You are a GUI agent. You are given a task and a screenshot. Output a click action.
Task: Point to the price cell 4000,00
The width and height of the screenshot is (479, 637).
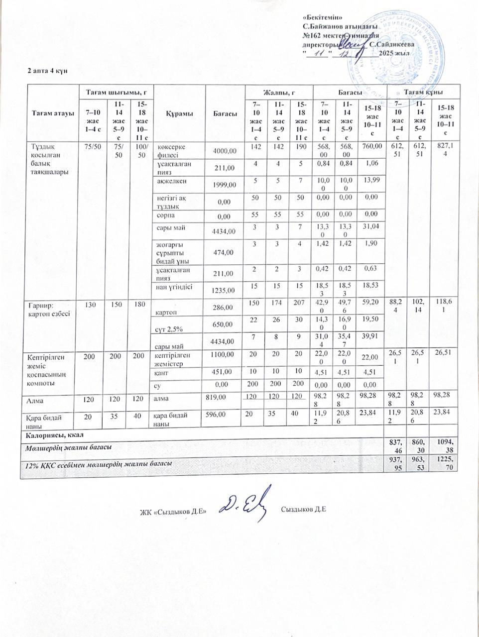[225, 150]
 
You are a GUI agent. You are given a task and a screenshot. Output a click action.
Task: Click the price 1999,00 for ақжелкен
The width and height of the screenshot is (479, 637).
[225, 185]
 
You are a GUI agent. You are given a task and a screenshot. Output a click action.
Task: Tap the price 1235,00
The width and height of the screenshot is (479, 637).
[225, 290]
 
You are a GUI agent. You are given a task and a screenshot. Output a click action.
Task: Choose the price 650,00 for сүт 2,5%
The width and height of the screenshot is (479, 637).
[225, 324]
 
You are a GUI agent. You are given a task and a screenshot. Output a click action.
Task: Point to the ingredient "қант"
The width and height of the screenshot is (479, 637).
[160, 372]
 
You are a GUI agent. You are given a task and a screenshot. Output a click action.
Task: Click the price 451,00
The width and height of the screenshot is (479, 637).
[222, 372]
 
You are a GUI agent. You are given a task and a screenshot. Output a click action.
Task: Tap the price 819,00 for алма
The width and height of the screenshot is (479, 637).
[216, 397]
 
